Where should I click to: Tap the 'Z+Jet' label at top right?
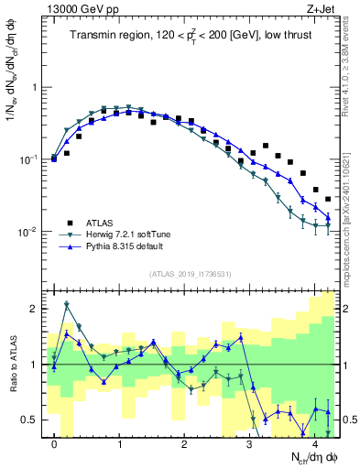click(320, 8)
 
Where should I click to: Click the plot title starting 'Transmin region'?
click(191, 37)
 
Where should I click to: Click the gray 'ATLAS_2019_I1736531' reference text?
click(190, 273)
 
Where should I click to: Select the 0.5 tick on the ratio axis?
click(30, 420)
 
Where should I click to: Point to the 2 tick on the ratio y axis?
click(35, 309)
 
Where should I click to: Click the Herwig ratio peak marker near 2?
click(67, 304)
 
